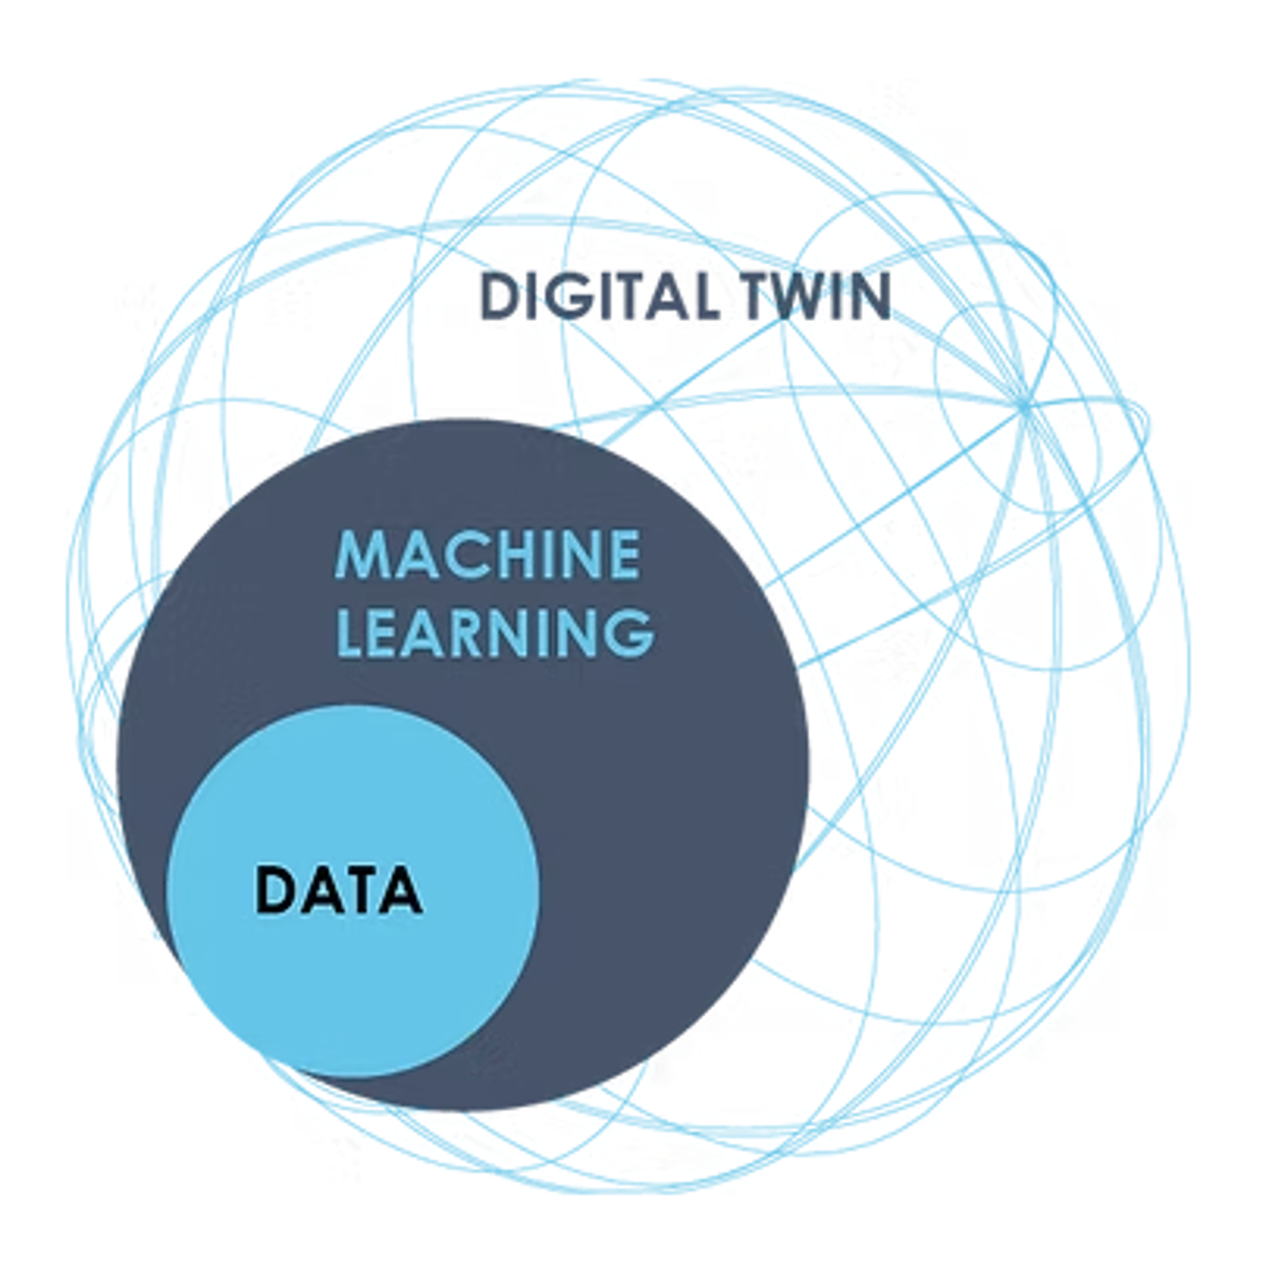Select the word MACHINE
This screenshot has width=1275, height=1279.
click(x=488, y=554)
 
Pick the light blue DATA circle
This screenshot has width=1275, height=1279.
click(x=351, y=980)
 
